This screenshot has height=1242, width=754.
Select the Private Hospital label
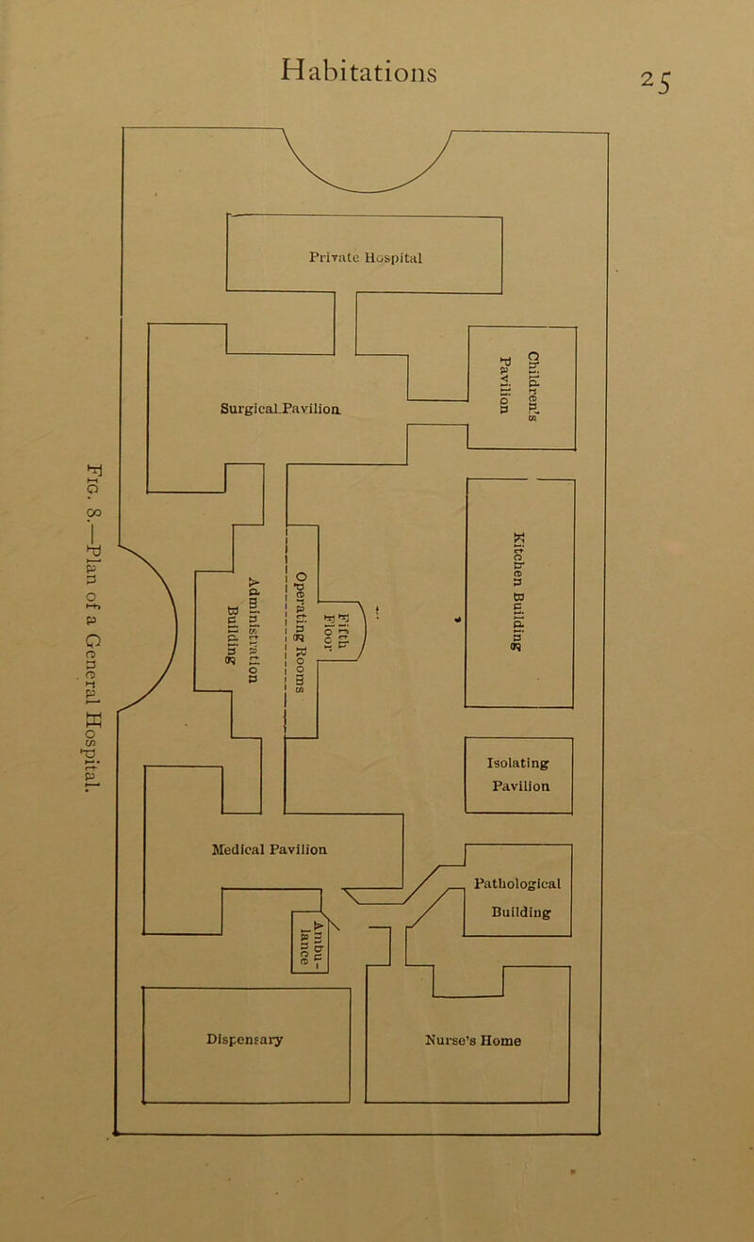click(367, 254)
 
